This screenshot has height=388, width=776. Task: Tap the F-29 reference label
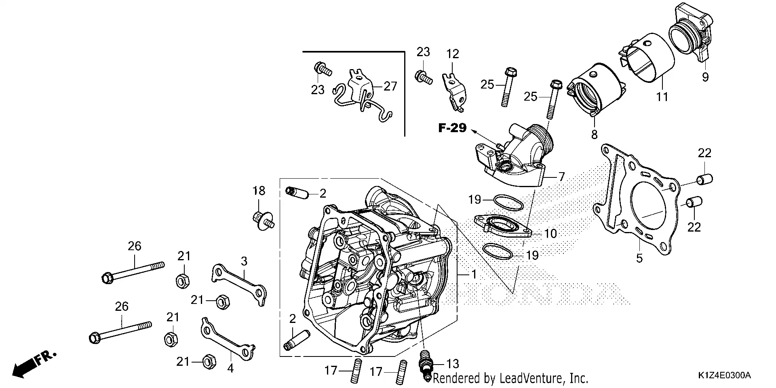coord(452,128)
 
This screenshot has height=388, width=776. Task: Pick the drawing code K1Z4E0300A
coord(724,376)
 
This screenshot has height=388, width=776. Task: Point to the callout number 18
coord(259,191)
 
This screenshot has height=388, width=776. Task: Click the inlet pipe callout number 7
coord(561,177)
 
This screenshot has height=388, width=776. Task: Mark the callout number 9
coord(705,77)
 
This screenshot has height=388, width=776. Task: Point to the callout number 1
coord(474,275)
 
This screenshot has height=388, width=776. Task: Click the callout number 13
coord(453,363)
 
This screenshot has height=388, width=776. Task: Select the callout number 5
coord(639,258)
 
